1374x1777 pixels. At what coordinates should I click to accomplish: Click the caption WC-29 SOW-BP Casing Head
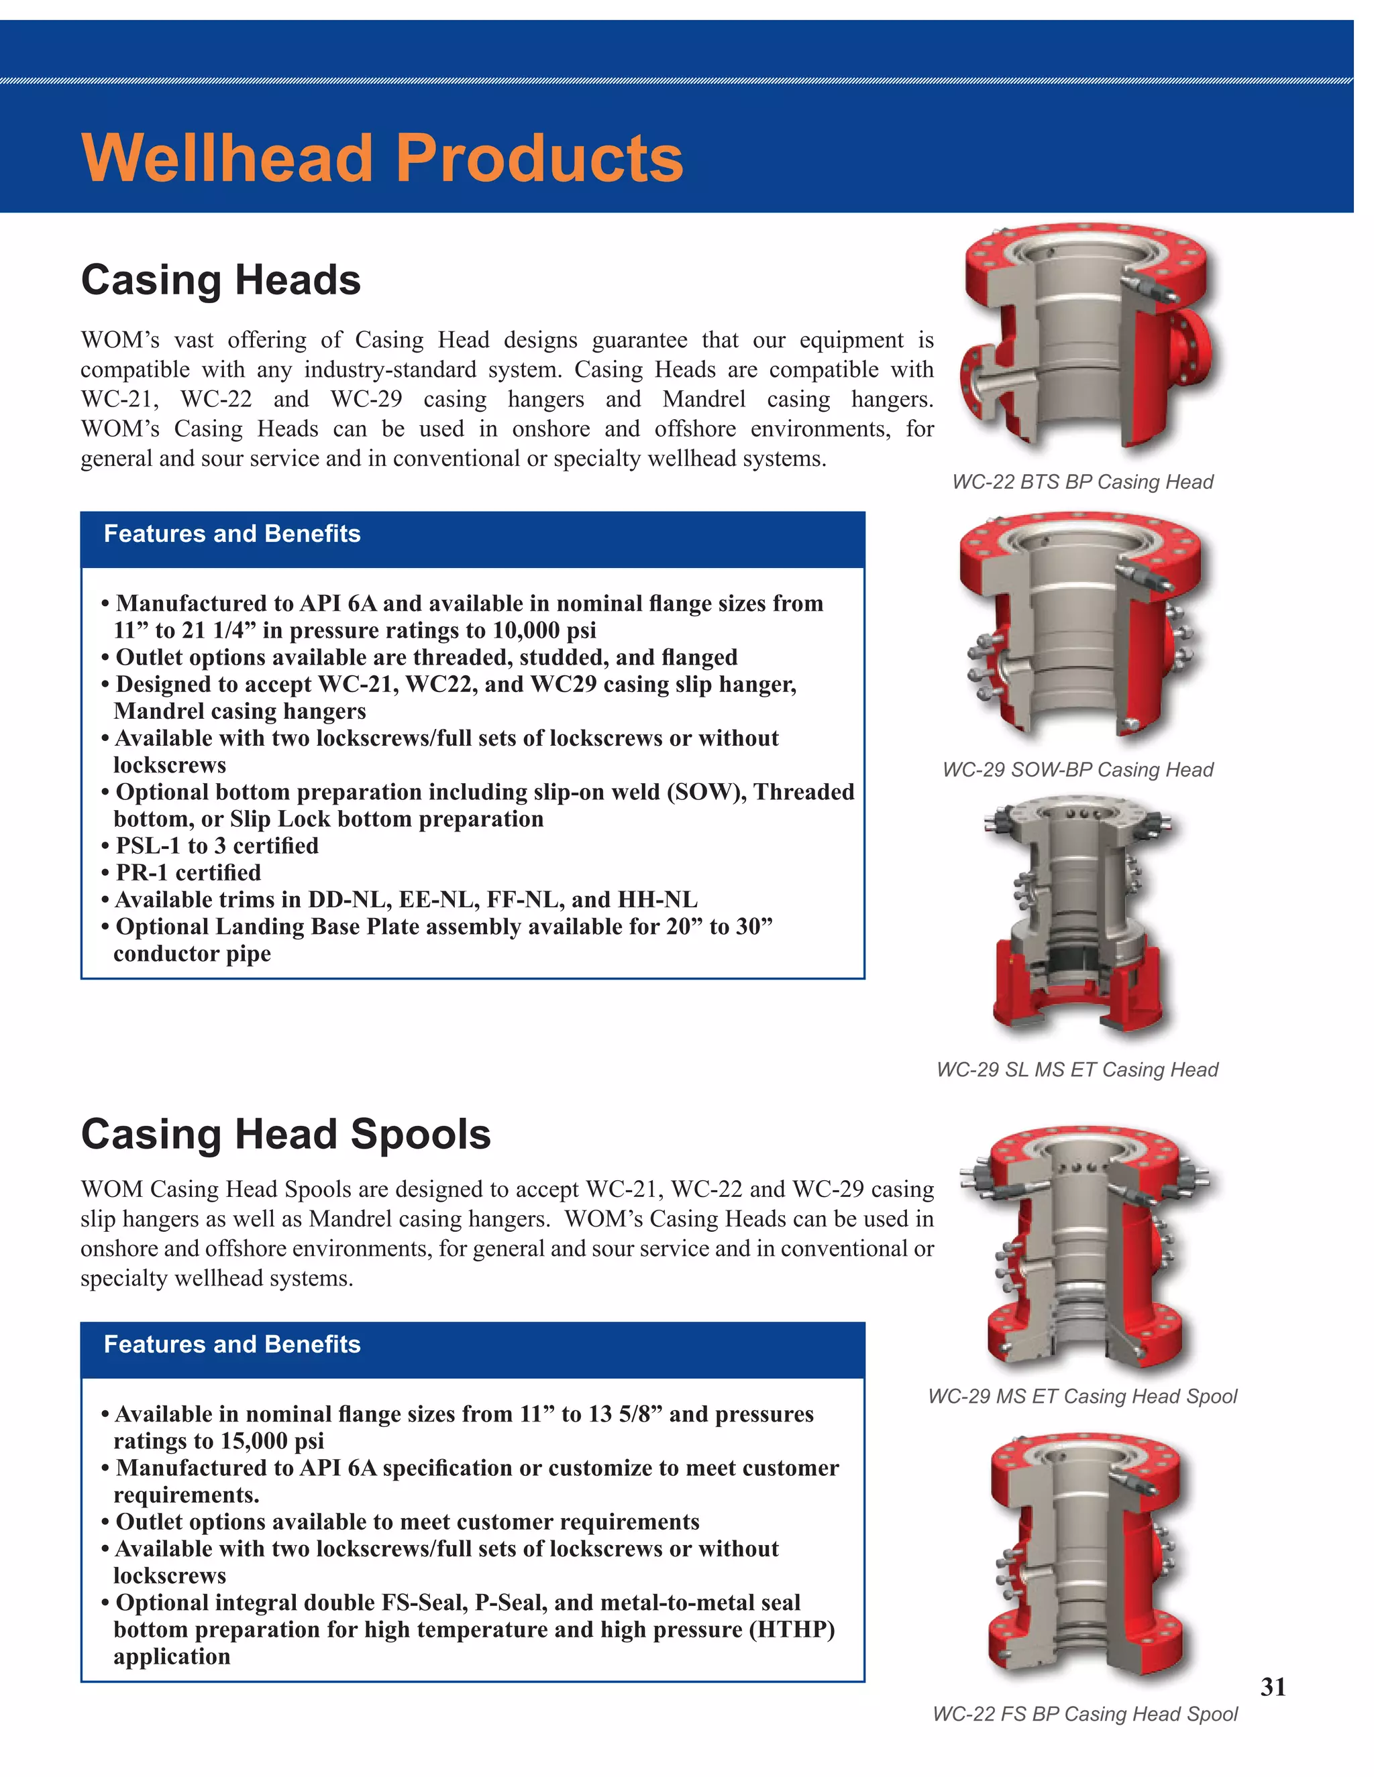click(x=1077, y=770)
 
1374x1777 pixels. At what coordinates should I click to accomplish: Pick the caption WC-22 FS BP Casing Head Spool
click(x=1084, y=1713)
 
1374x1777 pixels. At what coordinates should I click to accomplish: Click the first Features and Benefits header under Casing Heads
click(x=232, y=534)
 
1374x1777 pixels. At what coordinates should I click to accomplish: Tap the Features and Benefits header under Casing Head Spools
click(x=232, y=1344)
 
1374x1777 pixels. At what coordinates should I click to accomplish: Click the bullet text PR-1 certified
click(x=188, y=872)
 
